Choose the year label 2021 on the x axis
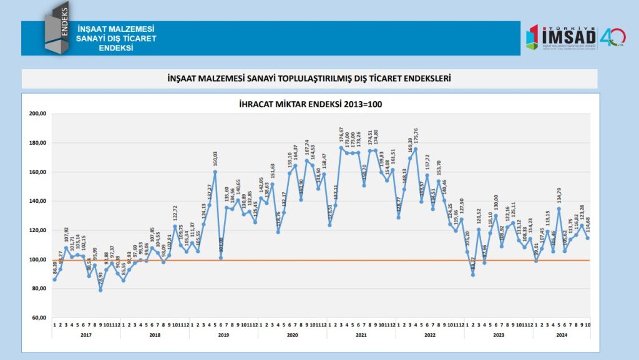pyautogui.click(x=361, y=335)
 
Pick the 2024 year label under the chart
pyautogui.click(x=561, y=335)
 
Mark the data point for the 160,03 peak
pyautogui.click(x=215, y=172)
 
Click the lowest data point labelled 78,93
pyautogui.click(x=100, y=290)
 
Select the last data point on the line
pyautogui.click(x=588, y=238)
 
